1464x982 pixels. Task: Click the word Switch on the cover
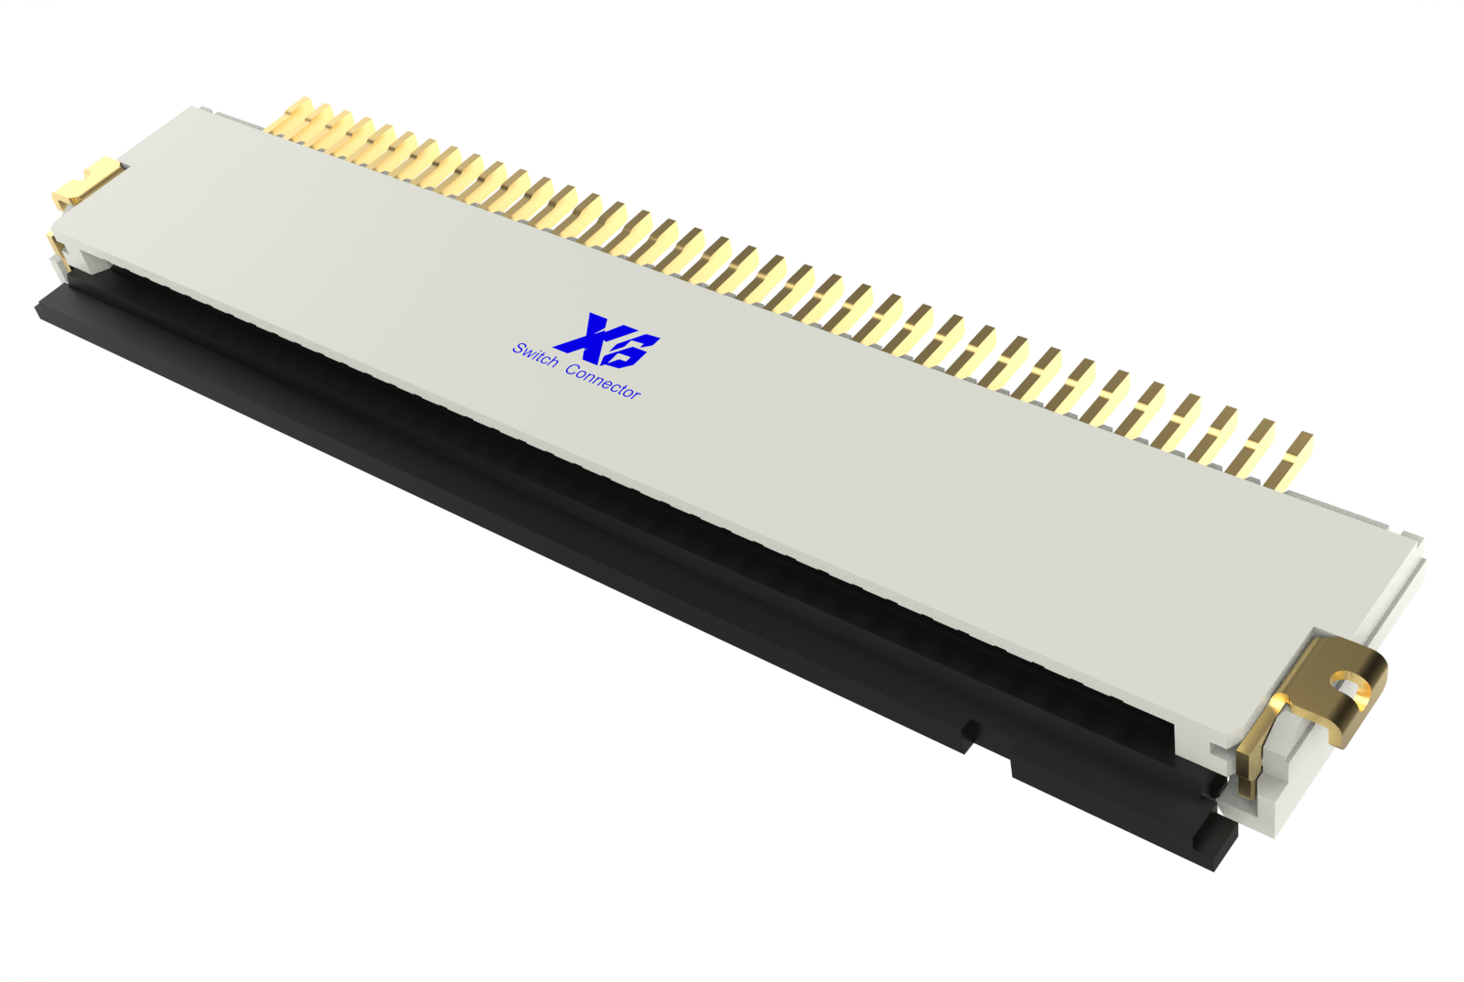coord(535,355)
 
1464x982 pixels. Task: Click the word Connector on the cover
coord(603,382)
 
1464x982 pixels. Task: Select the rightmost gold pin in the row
coord(1293,462)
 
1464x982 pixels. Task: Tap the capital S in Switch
coord(519,349)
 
